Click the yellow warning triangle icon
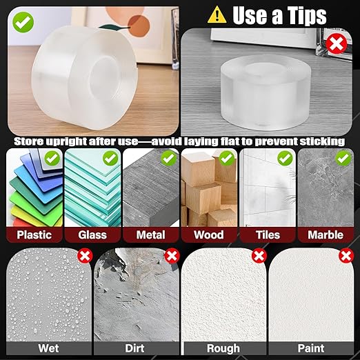(217, 14)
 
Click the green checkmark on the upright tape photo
(22, 22)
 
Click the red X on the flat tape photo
(337, 45)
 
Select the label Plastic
(34, 234)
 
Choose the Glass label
(92, 234)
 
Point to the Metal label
(150, 234)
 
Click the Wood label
(209, 234)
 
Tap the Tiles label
(267, 234)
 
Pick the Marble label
(325, 234)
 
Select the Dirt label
(134, 349)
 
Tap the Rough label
(223, 349)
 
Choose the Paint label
(310, 349)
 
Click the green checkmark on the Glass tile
(109, 158)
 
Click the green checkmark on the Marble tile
(342, 158)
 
